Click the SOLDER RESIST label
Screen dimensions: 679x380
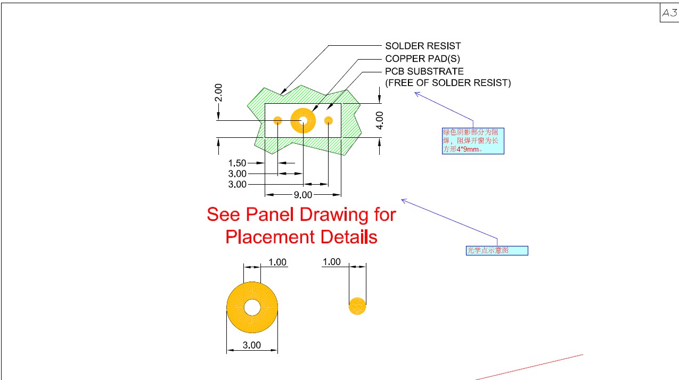click(423, 46)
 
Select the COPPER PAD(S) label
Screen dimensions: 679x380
click(422, 59)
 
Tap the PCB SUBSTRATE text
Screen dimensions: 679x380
click(424, 71)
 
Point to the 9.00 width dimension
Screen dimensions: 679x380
click(303, 195)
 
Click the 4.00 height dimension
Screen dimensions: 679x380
click(380, 120)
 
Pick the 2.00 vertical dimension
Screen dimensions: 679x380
click(218, 93)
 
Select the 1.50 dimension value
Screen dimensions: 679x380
click(237, 163)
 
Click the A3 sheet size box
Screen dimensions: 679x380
click(669, 13)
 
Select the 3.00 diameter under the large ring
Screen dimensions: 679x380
click(251, 345)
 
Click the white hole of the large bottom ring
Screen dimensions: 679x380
click(252, 307)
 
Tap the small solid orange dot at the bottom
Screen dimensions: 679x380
click(357, 306)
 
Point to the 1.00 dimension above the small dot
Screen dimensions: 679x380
click(332, 262)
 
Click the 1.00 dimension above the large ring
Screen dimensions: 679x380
click(277, 262)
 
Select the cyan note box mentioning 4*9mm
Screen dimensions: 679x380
click(473, 141)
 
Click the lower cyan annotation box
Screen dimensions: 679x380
click(497, 251)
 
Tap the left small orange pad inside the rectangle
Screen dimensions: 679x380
click(277, 121)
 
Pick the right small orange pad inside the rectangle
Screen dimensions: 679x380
click(328, 121)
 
